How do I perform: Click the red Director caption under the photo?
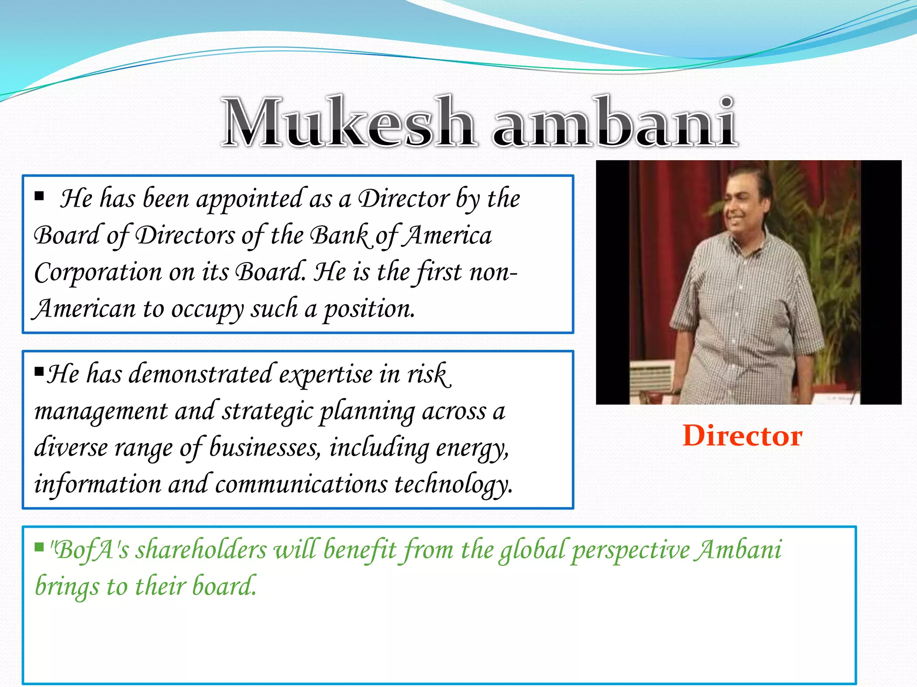pyautogui.click(x=742, y=436)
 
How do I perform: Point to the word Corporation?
pyautogui.click(x=98, y=273)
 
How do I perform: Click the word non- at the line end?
pyautogui.click(x=493, y=273)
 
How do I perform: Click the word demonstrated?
pyautogui.click(x=200, y=375)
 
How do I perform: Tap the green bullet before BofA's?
pyautogui.click(x=39, y=547)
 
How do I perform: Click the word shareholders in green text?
pyautogui.click(x=201, y=550)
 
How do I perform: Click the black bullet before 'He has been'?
pyautogui.click(x=39, y=195)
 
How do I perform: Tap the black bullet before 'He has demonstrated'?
pyautogui.click(x=39, y=371)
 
